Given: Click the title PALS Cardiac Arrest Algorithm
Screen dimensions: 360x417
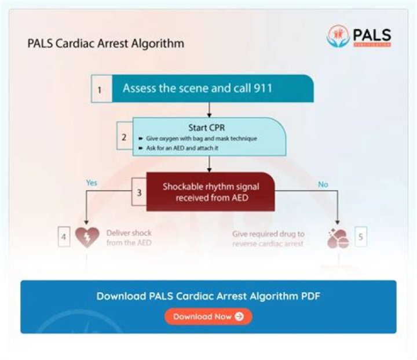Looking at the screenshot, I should (105, 43).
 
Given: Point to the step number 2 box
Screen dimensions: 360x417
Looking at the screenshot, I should (124, 138).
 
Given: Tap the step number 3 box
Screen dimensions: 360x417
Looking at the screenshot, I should (138, 192).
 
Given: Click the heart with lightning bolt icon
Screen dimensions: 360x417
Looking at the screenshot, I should (87, 238).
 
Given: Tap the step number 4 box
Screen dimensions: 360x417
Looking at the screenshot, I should (64, 237).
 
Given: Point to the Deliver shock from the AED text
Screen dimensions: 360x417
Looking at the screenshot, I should (129, 238).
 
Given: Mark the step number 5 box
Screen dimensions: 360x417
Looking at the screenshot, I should (360, 237).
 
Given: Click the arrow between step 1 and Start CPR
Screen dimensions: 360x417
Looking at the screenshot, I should (209, 110).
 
